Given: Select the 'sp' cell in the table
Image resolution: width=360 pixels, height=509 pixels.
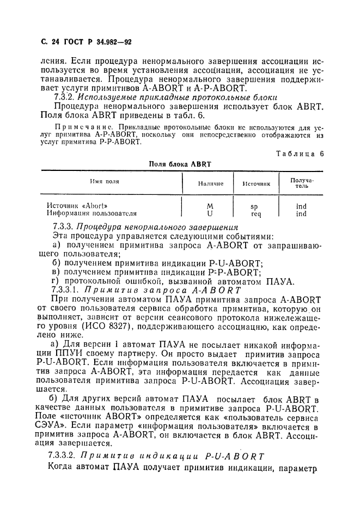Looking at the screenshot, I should tap(254, 207).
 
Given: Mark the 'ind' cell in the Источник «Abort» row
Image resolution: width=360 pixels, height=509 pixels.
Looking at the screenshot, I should tap(301, 206).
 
